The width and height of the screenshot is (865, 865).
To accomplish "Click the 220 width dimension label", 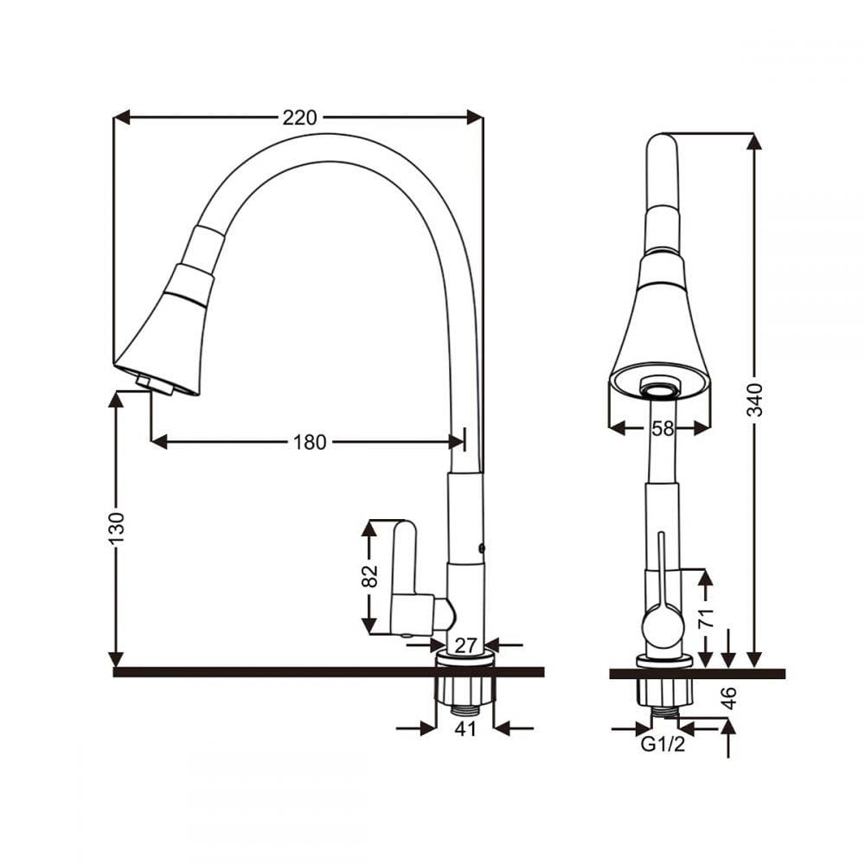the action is coord(299,118).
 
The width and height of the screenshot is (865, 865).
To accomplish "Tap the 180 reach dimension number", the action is coord(310,442).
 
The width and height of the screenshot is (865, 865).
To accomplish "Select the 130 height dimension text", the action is coord(117,528).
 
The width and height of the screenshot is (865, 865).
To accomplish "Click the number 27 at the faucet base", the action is coord(465,645).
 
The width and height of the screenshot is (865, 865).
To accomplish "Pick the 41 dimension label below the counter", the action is coord(465,728).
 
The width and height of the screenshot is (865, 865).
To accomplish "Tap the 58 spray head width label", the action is coord(663,428).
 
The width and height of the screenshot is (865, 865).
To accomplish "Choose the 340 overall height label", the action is coord(754,400).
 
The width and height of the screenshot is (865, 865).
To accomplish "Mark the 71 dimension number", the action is coord(706,618).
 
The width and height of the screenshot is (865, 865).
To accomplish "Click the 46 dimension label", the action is coord(728,698).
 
